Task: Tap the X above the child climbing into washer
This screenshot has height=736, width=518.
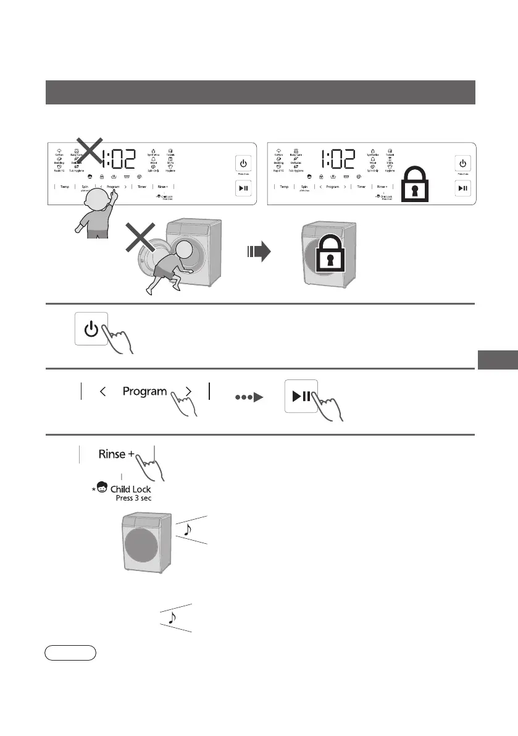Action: [146, 245]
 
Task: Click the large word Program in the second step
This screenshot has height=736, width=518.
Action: [144, 391]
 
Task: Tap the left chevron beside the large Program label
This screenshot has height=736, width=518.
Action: [103, 391]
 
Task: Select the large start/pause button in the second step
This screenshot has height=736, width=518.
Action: [301, 395]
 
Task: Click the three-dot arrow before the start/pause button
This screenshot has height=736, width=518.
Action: [244, 397]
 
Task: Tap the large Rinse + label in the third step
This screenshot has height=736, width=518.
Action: [117, 454]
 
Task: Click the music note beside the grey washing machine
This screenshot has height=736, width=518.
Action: [188, 527]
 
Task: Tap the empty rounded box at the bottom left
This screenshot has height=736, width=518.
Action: [70, 653]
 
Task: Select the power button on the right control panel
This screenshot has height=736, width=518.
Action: [463, 164]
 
